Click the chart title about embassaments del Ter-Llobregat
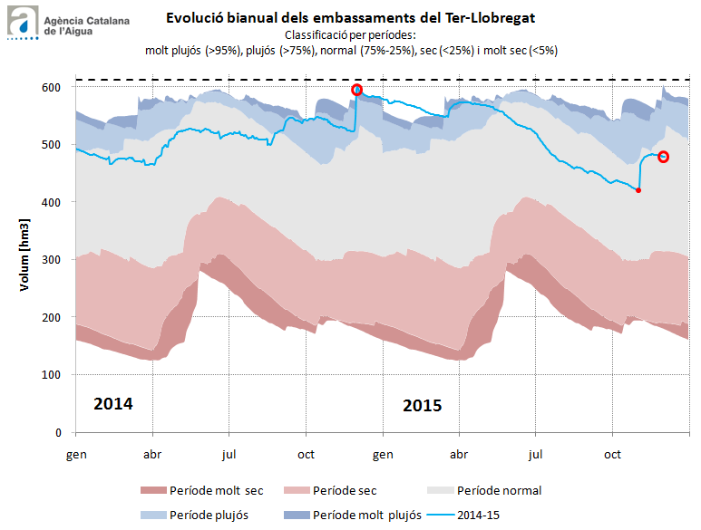350,17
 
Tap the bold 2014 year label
113,403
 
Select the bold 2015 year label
422,405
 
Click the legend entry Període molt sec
203,490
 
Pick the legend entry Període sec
332,490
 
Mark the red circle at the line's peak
357,90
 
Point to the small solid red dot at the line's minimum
638,190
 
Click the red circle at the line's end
663,157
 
